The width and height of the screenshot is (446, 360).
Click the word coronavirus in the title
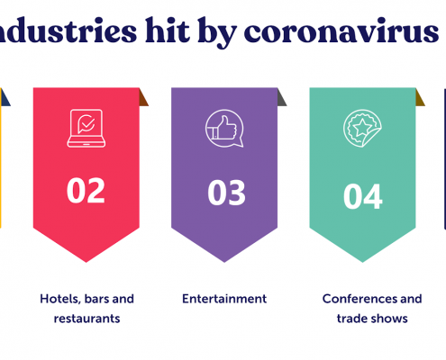pyautogui.click(x=341, y=31)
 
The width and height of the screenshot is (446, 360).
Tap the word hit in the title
pyautogui.click(x=168, y=30)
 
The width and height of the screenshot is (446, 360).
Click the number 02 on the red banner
pyautogui.click(x=86, y=190)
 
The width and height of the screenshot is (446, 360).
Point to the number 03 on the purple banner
pyautogui.click(x=226, y=193)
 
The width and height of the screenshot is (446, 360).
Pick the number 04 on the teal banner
pyautogui.click(x=363, y=197)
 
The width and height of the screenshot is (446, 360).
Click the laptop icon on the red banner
pyautogui.click(x=86, y=128)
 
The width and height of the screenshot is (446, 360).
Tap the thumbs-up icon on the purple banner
pyautogui.click(x=224, y=128)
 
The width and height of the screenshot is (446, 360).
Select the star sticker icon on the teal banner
pyautogui.click(x=362, y=128)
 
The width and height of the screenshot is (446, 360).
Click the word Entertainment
pyautogui.click(x=224, y=299)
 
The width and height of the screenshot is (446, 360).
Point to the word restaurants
pyautogui.click(x=86, y=319)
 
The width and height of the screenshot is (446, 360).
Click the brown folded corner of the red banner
pyautogui.click(x=143, y=97)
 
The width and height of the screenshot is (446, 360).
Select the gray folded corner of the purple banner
pyautogui.click(x=281, y=97)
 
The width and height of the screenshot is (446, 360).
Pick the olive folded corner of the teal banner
pyautogui.click(x=420, y=97)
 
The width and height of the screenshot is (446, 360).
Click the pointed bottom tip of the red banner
pyautogui.click(x=86, y=262)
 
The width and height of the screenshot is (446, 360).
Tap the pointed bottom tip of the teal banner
pyautogui.click(x=362, y=262)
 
